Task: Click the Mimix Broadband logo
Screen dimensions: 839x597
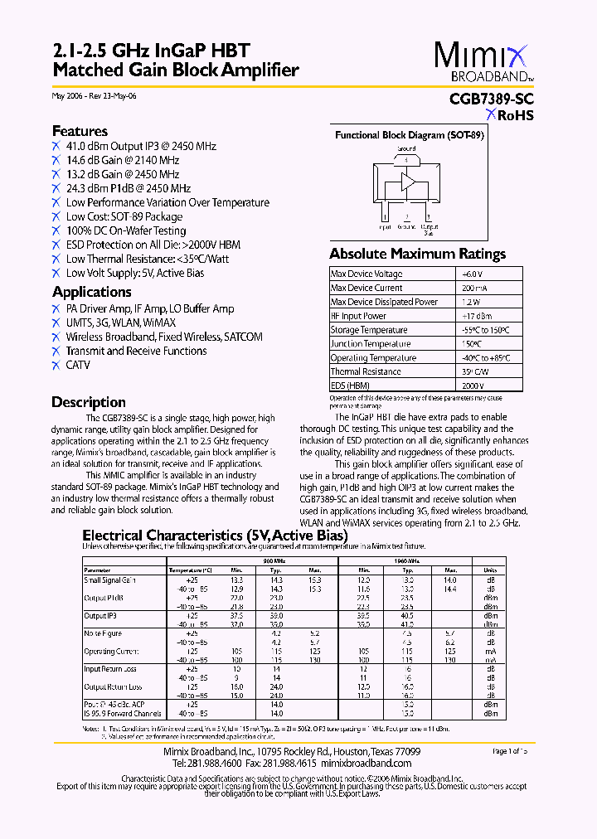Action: [x=484, y=62]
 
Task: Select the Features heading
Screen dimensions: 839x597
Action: [x=80, y=131]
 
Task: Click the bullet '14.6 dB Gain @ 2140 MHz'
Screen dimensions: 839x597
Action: [x=122, y=160]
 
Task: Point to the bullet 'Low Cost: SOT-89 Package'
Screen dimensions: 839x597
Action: [x=124, y=216]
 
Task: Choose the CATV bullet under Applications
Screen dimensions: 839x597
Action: [x=78, y=365]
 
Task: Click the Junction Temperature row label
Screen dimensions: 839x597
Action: [x=371, y=344]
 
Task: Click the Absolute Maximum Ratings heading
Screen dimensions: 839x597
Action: [x=417, y=254]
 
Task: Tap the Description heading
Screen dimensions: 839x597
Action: [x=89, y=402]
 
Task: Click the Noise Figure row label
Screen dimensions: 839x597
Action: [x=104, y=633]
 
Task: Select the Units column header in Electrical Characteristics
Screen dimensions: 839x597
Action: [x=490, y=570]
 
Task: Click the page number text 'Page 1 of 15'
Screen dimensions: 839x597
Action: [x=510, y=751]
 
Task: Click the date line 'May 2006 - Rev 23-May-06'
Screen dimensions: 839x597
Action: [x=95, y=96]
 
